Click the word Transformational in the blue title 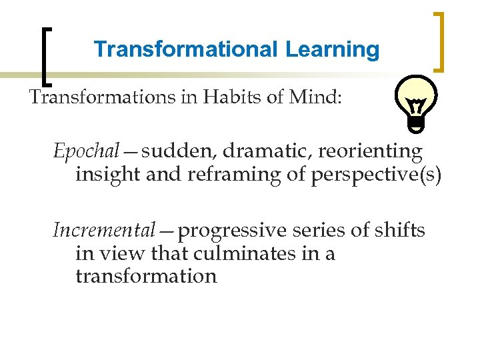click(x=186, y=49)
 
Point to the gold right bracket click(x=440, y=41)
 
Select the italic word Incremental click(x=103, y=231)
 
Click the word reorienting click(x=370, y=152)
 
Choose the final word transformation click(x=146, y=276)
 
